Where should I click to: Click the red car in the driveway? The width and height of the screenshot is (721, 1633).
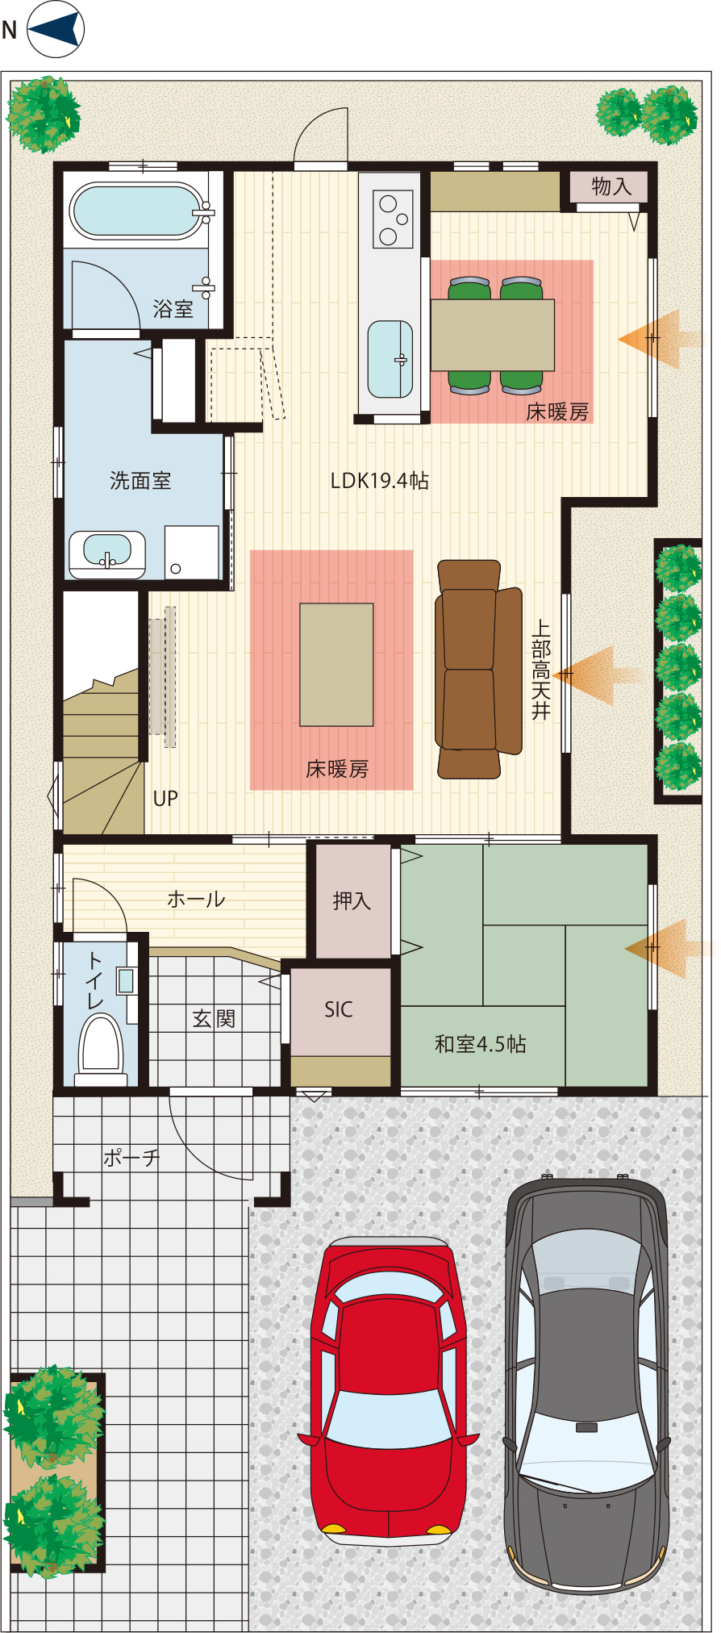(x=388, y=1389)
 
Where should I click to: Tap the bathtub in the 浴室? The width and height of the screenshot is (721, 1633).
(x=137, y=211)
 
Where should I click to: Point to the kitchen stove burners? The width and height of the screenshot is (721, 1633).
(x=393, y=219)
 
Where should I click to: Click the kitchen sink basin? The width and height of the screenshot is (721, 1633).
(x=390, y=359)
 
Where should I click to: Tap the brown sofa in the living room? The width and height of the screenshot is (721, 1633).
(x=478, y=669)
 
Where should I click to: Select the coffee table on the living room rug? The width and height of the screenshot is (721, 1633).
(x=336, y=665)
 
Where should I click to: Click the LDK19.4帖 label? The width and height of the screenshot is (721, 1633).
(x=380, y=481)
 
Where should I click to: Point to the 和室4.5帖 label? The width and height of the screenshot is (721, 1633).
(x=481, y=1044)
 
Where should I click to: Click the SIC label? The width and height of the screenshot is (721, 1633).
(x=339, y=1009)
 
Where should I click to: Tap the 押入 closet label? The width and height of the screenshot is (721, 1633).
(x=352, y=900)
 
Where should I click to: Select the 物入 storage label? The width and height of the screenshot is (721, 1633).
(x=611, y=186)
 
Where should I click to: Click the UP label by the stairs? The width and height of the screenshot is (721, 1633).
(x=165, y=799)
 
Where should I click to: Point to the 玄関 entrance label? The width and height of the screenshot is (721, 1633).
(x=214, y=1019)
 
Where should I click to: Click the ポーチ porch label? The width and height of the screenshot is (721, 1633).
(x=131, y=1158)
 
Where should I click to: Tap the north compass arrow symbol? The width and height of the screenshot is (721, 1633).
(x=56, y=30)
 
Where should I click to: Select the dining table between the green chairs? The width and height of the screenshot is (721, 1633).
(x=492, y=335)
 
